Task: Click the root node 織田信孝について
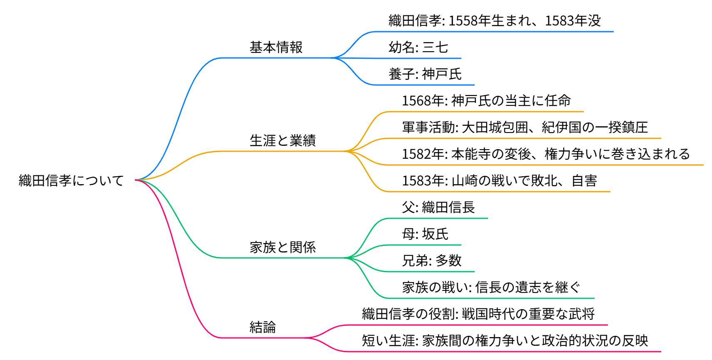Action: [71, 180]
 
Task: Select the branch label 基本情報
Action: [276, 47]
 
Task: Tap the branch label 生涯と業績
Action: [283, 141]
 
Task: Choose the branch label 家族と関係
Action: [283, 247]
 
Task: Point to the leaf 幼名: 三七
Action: [418, 47]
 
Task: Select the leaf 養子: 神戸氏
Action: [425, 74]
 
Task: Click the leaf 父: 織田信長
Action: [438, 207]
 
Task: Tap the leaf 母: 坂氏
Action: [425, 234]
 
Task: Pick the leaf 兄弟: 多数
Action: [431, 261]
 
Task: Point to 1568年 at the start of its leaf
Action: [424, 101]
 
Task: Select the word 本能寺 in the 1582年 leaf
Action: [471, 154]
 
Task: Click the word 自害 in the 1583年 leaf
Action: [584, 181]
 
